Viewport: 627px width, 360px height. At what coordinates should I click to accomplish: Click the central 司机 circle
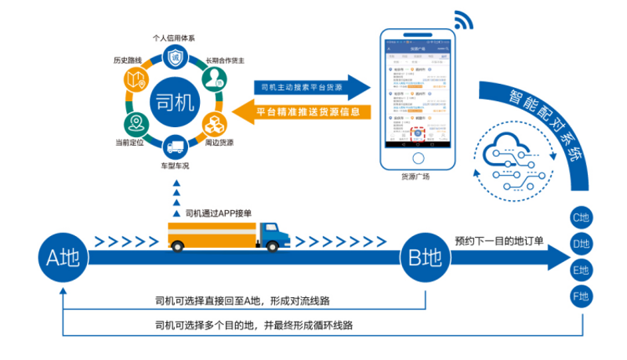pos(173,101)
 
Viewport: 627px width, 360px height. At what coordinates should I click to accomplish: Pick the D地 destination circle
pos(580,245)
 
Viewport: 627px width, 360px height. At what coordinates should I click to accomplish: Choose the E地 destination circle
pos(580,271)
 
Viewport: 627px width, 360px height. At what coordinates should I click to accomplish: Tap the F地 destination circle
pos(580,296)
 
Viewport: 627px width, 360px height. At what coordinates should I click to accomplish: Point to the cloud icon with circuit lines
pos(516,157)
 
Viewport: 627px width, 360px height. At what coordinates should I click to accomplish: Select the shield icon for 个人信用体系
pos(173,57)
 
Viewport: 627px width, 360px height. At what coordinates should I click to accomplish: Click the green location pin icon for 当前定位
pos(136,123)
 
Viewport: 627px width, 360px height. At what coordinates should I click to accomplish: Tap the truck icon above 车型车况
pos(173,145)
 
